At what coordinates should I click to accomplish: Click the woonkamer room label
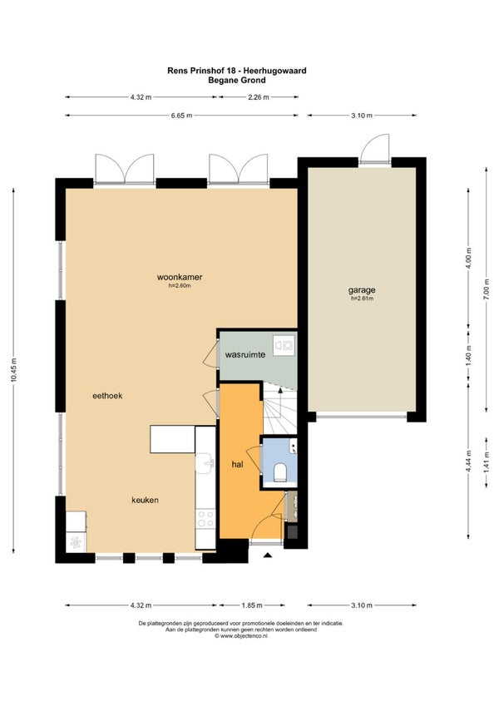click(180, 277)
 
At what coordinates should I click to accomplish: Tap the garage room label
click(362, 290)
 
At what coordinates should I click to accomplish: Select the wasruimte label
click(245, 354)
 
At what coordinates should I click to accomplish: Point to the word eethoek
click(107, 396)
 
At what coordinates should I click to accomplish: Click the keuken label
click(145, 500)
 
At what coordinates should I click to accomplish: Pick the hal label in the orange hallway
click(237, 464)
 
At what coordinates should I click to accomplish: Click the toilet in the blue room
click(280, 471)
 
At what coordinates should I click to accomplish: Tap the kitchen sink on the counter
click(205, 463)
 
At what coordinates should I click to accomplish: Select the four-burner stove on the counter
click(205, 518)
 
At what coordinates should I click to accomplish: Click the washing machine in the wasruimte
click(284, 345)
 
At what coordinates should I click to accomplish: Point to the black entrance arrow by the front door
click(268, 555)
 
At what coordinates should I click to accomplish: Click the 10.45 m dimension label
click(13, 370)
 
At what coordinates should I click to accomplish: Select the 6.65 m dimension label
click(181, 116)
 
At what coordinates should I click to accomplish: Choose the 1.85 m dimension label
click(252, 605)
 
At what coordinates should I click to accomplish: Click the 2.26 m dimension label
click(259, 96)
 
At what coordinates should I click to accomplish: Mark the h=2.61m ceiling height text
click(362, 298)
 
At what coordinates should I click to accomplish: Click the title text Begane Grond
click(237, 81)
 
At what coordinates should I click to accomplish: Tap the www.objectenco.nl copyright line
click(241, 636)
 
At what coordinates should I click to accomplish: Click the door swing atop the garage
click(375, 148)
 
